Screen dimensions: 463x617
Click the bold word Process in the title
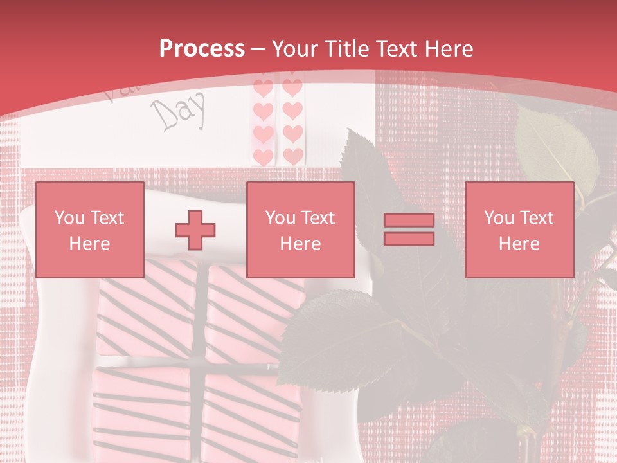(202, 49)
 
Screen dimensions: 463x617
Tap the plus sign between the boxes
(195, 230)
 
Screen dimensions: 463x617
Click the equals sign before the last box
(409, 230)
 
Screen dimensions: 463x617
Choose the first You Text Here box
(89, 230)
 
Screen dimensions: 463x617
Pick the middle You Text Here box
(301, 230)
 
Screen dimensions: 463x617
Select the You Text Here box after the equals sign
(519, 230)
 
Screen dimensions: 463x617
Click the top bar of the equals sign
(409, 221)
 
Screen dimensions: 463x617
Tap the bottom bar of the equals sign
(409, 239)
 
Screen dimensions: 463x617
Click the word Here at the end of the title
(449, 49)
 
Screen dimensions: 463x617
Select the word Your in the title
(294, 49)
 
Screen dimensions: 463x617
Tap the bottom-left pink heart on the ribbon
(263, 156)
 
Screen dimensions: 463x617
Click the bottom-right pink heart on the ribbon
(293, 156)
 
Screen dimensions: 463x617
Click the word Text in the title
(397, 49)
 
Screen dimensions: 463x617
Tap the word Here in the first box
(89, 243)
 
